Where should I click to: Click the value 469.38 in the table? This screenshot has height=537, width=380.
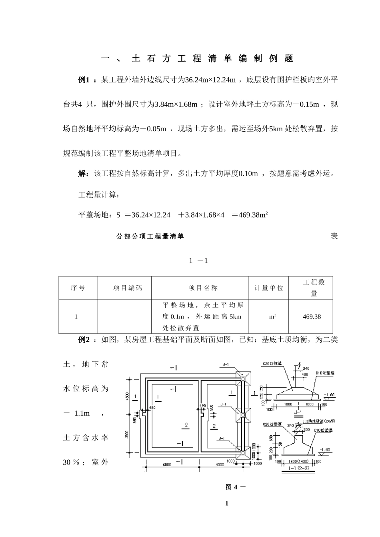[312, 317]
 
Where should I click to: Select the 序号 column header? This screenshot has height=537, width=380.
[78, 288]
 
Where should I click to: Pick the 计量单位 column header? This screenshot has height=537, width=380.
[269, 288]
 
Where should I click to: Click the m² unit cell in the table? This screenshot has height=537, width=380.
[273, 317]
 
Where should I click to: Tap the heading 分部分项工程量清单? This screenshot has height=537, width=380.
[150, 236]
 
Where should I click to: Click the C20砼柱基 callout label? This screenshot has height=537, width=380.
[272, 364]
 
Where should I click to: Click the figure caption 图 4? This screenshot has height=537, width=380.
[232, 487]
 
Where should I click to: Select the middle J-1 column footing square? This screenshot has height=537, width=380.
[242, 415]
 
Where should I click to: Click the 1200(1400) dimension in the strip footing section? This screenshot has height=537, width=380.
[298, 461]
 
